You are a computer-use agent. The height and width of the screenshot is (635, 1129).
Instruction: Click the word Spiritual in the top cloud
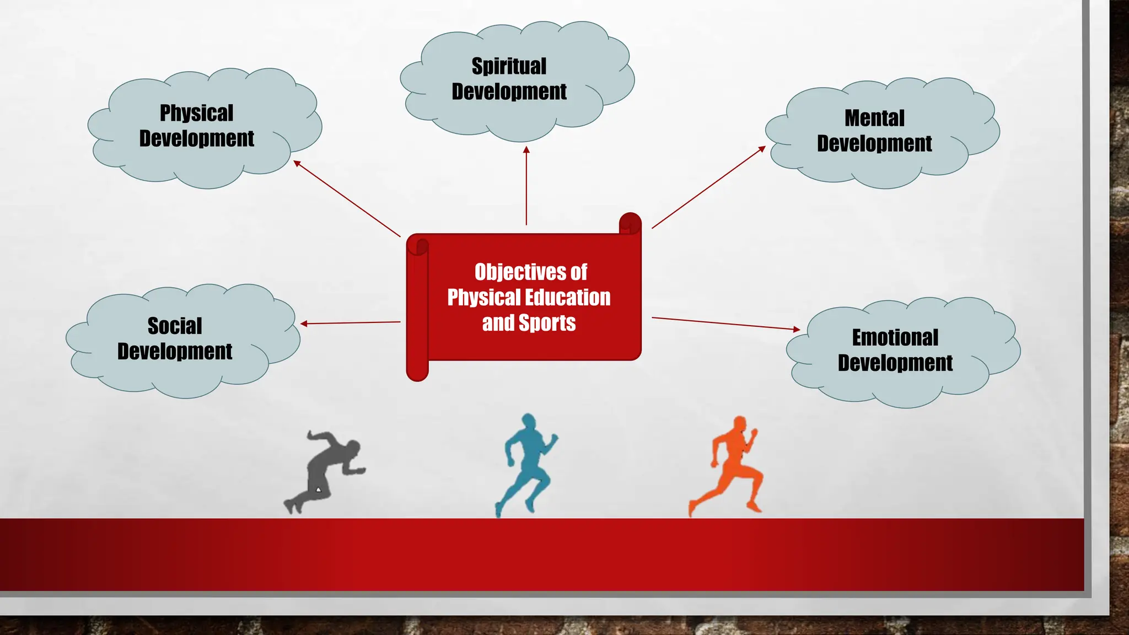point(509,66)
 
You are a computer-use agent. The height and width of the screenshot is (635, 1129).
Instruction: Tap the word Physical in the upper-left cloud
point(196,113)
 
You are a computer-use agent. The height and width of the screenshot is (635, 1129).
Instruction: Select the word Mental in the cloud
point(874,118)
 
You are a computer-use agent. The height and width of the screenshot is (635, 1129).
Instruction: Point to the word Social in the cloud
point(175,326)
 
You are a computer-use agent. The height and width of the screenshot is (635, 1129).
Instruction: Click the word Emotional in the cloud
point(895,337)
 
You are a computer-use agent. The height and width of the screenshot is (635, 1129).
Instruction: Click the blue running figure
point(526,463)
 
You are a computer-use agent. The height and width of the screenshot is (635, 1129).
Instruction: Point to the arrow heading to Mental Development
point(709,187)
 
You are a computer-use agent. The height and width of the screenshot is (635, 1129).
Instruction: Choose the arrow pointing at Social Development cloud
point(351,322)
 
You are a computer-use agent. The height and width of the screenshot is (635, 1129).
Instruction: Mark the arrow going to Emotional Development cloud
point(725,324)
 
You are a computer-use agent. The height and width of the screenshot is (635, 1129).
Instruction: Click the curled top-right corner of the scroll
point(630,224)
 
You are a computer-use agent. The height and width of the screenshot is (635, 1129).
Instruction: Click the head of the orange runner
point(739,425)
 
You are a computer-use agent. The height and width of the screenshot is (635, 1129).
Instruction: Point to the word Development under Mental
point(874,143)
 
